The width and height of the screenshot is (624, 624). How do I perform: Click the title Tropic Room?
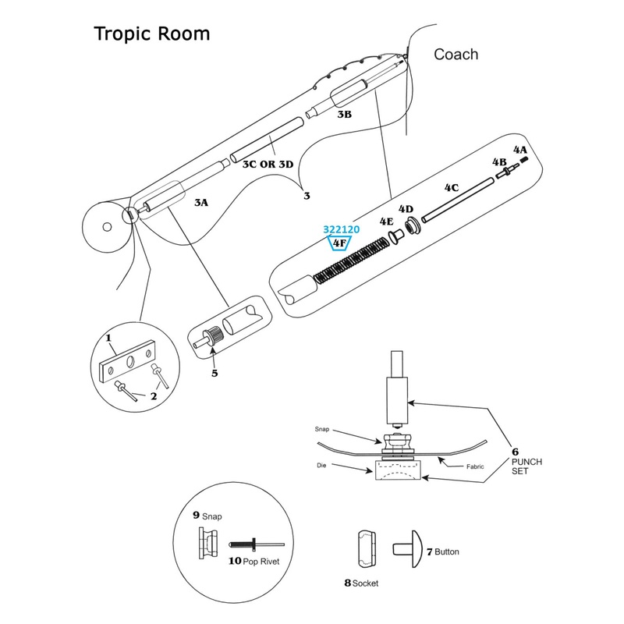click(x=151, y=35)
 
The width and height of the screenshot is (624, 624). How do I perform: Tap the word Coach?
click(x=456, y=55)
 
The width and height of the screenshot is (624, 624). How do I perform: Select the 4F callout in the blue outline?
click(x=340, y=244)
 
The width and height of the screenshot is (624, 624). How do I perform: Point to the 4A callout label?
click(x=519, y=148)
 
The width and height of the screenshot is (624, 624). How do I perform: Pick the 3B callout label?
click(x=344, y=114)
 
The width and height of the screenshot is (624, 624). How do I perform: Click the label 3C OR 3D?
click(x=268, y=165)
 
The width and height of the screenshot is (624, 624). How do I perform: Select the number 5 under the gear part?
click(x=214, y=373)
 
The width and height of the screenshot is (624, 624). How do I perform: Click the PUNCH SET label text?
click(x=526, y=466)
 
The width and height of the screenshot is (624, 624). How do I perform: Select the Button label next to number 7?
click(x=447, y=551)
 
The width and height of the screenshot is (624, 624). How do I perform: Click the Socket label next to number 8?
click(x=365, y=583)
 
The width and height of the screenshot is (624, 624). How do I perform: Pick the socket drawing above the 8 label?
click(x=366, y=549)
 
